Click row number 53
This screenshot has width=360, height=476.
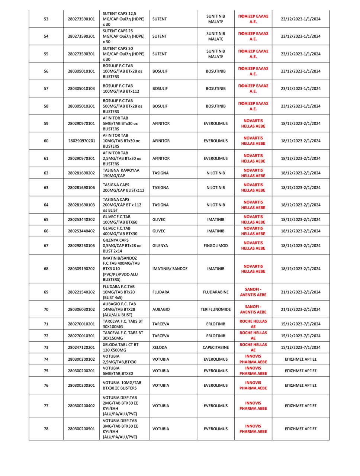point(46,19)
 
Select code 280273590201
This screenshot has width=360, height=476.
point(81,36)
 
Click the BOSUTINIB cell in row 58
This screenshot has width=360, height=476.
point(216,106)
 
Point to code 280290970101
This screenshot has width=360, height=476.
point(81,123)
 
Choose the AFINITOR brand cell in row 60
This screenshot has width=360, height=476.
point(161,141)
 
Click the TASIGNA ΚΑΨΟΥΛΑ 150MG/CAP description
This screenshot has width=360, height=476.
point(121,173)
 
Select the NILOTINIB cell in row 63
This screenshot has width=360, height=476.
point(216,187)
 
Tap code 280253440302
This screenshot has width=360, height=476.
point(81,219)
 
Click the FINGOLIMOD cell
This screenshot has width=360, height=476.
point(216,245)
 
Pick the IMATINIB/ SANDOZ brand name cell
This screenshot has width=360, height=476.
point(170,268)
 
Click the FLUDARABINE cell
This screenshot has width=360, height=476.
point(216,292)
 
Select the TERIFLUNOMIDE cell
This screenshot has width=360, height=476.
point(216,309)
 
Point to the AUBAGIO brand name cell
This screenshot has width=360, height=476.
point(161,309)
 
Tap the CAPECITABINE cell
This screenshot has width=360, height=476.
point(216,347)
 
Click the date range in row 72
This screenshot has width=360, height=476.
point(300,336)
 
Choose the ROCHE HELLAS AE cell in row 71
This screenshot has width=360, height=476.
point(253,324)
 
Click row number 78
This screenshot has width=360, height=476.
point(46,429)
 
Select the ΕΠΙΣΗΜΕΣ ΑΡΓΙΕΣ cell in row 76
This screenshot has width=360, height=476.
point(300,385)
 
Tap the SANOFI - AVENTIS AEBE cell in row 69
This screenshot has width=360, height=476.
point(253,292)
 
